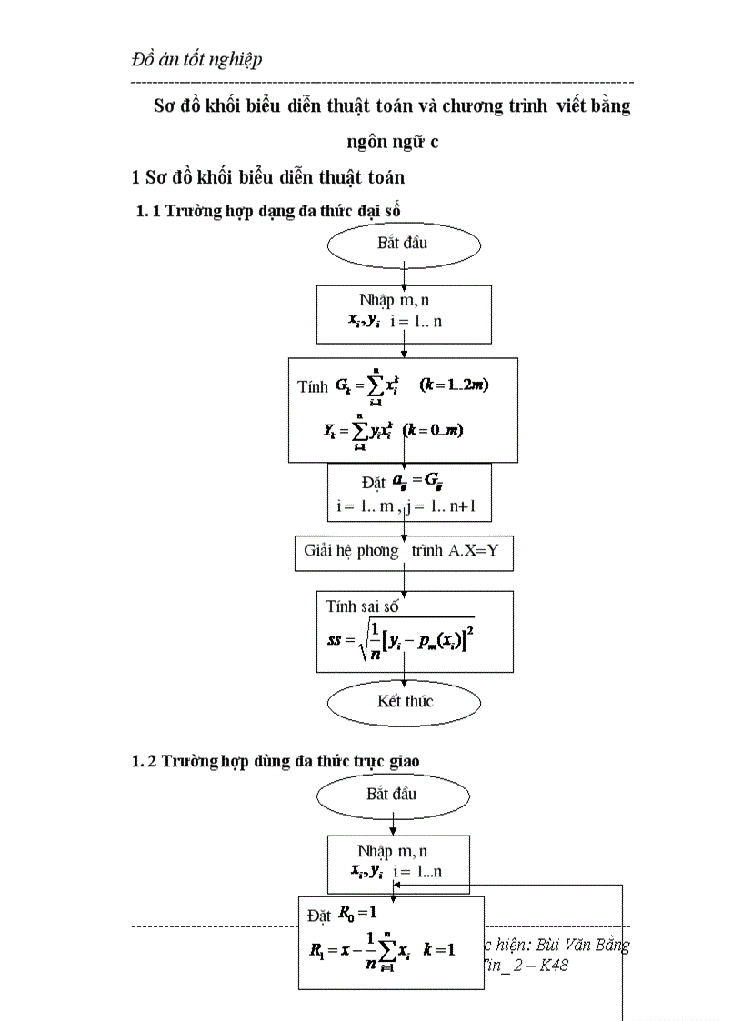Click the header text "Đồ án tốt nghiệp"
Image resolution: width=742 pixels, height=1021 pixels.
[196, 59]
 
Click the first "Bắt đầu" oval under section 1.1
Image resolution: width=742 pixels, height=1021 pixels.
[402, 244]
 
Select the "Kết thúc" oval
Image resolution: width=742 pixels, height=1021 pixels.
[405, 701]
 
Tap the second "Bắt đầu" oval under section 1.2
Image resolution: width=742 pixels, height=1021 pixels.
[392, 794]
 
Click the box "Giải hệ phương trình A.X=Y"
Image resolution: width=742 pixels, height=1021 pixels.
[404, 552]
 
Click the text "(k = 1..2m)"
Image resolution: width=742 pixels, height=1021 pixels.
[455, 385]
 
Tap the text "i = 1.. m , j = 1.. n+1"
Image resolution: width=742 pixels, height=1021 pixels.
[409, 505]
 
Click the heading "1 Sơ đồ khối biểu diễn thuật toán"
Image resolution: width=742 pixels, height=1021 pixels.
[269, 177]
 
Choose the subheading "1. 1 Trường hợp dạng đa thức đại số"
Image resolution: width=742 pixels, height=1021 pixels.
[268, 211]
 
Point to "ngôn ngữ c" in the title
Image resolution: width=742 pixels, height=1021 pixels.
[392, 142]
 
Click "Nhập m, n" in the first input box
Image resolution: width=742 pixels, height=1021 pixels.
[395, 301]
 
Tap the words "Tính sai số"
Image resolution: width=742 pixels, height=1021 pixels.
[362, 606]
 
